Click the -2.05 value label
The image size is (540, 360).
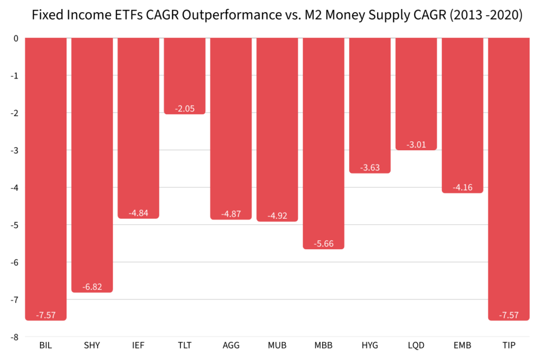pyautogui.click(x=185, y=109)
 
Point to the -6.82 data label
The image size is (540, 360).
pyautogui.click(x=92, y=287)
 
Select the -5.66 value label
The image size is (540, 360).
pyautogui.click(x=323, y=244)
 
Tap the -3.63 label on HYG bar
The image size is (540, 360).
pyautogui.click(x=370, y=168)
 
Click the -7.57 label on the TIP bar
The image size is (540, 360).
pyautogui.click(x=508, y=315)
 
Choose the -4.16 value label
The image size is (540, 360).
pyautogui.click(x=462, y=187)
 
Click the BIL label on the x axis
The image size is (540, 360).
pyautogui.click(x=46, y=346)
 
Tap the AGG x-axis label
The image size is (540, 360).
pyautogui.click(x=231, y=346)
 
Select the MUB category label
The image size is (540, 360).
pyautogui.click(x=277, y=346)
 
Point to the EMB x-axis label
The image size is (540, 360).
pyautogui.click(x=462, y=346)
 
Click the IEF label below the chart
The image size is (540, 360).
pyautogui.click(x=138, y=346)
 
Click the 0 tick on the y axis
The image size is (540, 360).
pyautogui.click(x=16, y=38)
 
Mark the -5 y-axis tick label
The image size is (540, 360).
pyautogui.click(x=15, y=225)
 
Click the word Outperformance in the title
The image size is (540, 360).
pyautogui.click(x=233, y=15)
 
